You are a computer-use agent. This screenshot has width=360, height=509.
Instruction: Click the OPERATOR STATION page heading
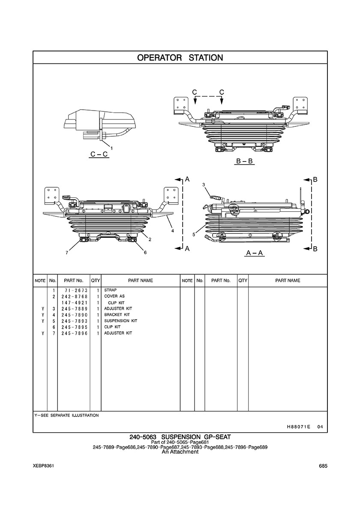tap(180, 57)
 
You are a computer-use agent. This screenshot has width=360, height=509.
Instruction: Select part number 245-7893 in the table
tap(74, 321)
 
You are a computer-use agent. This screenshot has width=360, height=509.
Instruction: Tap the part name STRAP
tap(111, 290)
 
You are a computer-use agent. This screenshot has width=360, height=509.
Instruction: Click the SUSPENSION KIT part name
tap(121, 321)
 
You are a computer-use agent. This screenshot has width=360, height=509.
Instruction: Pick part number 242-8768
tap(74, 296)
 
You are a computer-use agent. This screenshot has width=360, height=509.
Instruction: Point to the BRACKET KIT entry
tap(117, 314)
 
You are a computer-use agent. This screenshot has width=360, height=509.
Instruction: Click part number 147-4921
tap(74, 302)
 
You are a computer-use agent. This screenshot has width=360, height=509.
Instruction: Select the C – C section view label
tap(99, 154)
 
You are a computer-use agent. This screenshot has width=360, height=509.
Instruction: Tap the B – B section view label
tap(245, 162)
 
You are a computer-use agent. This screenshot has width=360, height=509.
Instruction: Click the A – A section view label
tap(255, 253)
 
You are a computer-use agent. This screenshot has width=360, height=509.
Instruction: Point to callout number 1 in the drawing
tap(112, 148)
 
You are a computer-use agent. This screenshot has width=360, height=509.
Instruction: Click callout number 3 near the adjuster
tap(204, 185)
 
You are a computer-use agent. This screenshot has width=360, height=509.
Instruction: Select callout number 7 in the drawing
tap(67, 253)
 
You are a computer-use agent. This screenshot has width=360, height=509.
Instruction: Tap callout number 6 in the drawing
tap(145, 252)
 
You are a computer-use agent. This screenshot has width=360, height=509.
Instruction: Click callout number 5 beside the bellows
tap(194, 234)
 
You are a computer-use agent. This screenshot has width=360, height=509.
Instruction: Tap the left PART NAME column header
tap(141, 281)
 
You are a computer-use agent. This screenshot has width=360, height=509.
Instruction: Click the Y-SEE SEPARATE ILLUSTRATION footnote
tap(67, 415)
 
